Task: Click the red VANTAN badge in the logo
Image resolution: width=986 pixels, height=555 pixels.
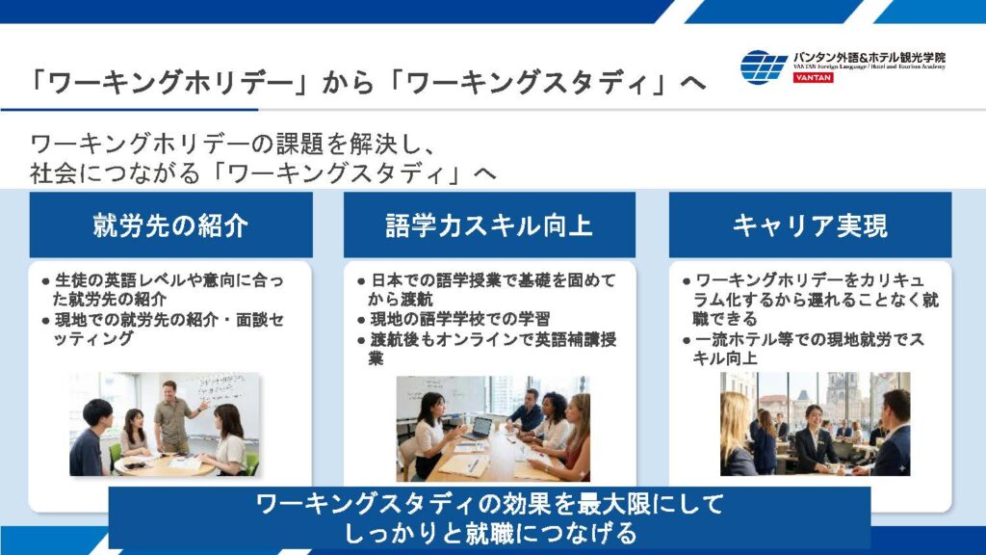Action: point(813,77)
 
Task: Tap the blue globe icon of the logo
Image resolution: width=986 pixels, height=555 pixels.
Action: point(764,66)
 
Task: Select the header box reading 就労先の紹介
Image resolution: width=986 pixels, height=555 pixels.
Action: point(170,225)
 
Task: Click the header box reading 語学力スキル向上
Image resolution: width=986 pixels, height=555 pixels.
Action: point(489,225)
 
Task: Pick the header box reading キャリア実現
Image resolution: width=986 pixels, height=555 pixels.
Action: point(810,225)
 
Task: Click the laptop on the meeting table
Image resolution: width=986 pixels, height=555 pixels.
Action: point(480,429)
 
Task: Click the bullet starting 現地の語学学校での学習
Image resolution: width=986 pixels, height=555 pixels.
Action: point(454,319)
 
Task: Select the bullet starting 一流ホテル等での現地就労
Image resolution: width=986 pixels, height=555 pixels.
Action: point(804,349)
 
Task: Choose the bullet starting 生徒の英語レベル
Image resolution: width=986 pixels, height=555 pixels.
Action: point(163,289)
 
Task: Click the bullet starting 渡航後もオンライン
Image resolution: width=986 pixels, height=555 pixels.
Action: point(486,349)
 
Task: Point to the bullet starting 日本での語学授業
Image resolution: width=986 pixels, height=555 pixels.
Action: point(486,289)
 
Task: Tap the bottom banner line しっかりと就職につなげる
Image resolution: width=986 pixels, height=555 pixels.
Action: point(490,533)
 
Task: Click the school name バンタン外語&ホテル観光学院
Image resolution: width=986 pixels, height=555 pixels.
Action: point(869,57)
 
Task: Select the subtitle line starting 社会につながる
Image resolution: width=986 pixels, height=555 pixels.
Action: point(263,173)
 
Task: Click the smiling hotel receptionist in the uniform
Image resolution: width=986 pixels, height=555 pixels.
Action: point(813,439)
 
